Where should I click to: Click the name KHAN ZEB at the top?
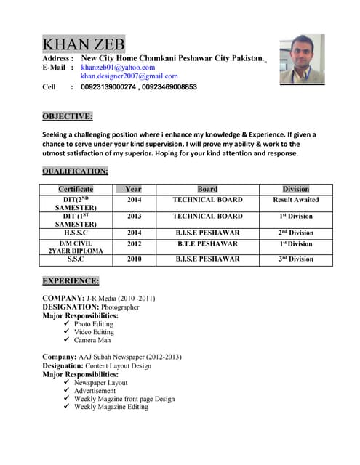(84, 44)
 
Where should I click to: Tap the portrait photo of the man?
(302, 60)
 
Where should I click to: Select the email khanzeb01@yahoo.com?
(118, 67)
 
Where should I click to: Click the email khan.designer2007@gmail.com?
(129, 76)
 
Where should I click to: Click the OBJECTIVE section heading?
(67, 116)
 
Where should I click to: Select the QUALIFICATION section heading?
(75, 171)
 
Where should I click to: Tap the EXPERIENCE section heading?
(70, 280)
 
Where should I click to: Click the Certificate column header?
(76, 189)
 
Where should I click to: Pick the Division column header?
(296, 189)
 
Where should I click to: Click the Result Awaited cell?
(296, 200)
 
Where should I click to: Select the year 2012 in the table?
(135, 243)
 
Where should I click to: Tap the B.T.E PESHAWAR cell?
(207, 243)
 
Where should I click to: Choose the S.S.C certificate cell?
(76, 259)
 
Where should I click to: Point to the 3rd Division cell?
(296, 259)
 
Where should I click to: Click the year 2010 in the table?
(135, 259)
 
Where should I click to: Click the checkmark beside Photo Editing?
(67, 323)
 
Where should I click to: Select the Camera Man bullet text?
(94, 340)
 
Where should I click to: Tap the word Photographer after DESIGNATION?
(120, 307)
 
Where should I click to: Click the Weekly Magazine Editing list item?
(111, 407)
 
